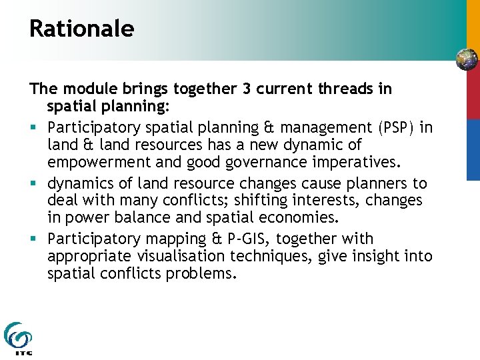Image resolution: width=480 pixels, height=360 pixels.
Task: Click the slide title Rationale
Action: pyautogui.click(x=81, y=29)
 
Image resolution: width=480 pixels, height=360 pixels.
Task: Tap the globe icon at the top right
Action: pyautogui.click(x=467, y=60)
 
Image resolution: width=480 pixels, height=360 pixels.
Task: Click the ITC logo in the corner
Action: pyautogui.click(x=18, y=339)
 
